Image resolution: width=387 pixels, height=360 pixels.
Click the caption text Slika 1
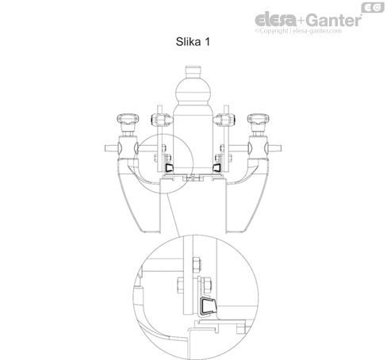[193, 42]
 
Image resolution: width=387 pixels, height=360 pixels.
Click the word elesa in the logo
[275, 20]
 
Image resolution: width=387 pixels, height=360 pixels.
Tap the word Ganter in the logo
[334, 20]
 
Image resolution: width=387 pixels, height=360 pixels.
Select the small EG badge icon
[373, 8]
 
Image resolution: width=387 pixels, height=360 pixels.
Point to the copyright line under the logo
[298, 31]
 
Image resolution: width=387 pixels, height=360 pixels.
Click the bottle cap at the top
[193, 71]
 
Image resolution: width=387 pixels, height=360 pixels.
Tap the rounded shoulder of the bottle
[193, 92]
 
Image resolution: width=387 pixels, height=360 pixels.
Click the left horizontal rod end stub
[110, 148]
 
